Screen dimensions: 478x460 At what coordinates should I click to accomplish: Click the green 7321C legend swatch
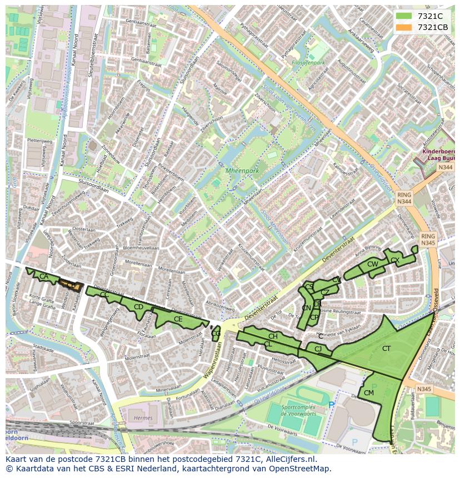coord(404,16)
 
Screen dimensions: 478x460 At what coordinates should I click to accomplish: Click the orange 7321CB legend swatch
coord(404,27)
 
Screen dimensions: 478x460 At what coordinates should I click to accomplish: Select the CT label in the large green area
coord(386,349)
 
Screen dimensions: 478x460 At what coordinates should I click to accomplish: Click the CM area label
coord(369,393)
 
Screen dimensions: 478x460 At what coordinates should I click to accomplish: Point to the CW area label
coord(372,264)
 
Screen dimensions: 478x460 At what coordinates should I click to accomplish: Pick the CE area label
coord(178,319)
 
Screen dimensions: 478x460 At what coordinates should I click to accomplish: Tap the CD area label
coord(139,307)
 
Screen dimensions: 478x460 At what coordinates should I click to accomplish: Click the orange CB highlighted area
coord(71,285)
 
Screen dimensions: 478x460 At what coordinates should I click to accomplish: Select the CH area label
coord(273,336)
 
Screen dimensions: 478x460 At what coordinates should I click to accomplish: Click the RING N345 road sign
coord(428,239)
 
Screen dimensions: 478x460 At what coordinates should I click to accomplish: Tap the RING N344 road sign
coord(404,199)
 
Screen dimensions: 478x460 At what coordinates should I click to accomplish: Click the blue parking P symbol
coord(332,405)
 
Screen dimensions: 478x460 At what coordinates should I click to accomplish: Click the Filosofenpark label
coord(308,63)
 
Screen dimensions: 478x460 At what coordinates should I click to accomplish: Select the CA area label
coord(43,276)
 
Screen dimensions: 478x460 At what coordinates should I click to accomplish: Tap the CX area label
coord(395,260)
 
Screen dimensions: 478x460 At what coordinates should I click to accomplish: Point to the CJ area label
coord(318,349)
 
